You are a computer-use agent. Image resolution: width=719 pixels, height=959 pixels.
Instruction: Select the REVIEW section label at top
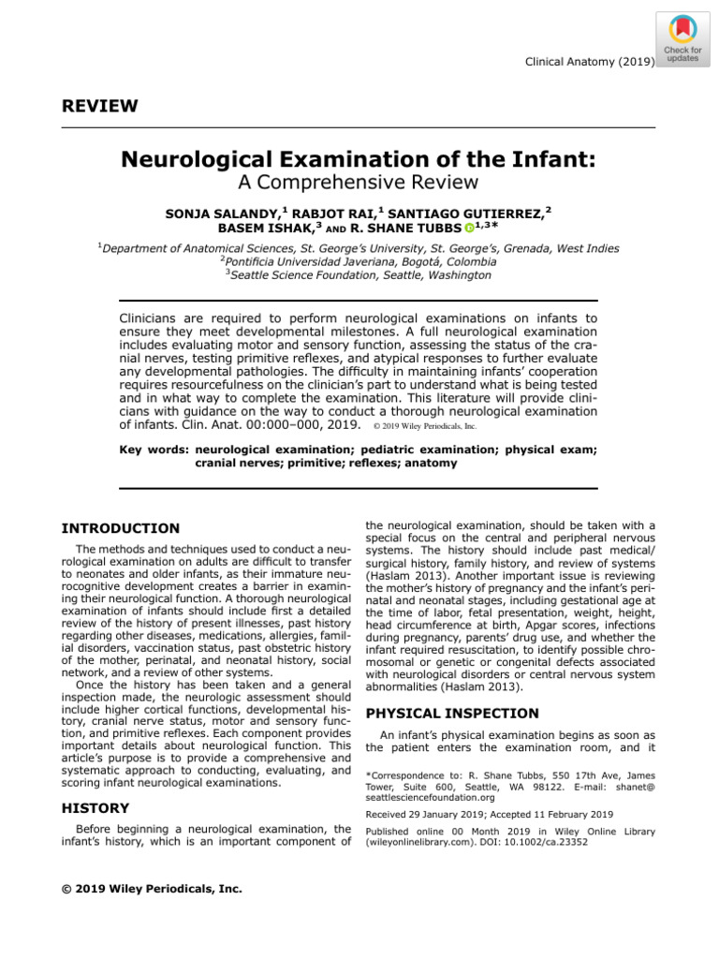point(99,106)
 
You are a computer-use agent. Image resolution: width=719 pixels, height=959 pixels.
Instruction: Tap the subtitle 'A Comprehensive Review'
point(359,182)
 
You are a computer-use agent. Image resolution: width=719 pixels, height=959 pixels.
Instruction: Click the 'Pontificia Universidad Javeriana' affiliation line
point(359,262)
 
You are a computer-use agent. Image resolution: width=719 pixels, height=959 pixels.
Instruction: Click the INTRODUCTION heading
point(120,529)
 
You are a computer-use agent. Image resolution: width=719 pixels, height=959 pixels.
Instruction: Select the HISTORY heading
point(95,808)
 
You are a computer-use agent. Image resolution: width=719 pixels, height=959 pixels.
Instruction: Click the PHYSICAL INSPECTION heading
point(438,714)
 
